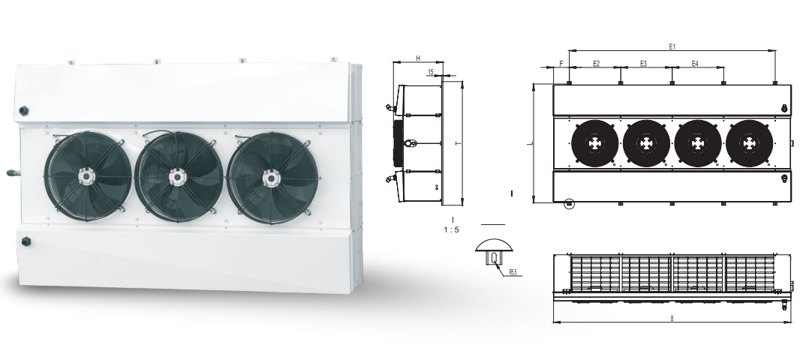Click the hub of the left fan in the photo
tap(86, 177)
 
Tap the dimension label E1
tap(672, 46)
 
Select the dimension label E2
tap(596, 64)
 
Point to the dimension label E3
tap(644, 64)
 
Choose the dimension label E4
tap(695, 64)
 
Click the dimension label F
tap(561, 64)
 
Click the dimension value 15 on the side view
tap(430, 73)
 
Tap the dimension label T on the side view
tap(456, 142)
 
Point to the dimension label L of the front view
tap(529, 142)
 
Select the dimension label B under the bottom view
tap(671, 319)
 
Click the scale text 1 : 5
tap(452, 230)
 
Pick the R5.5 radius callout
tap(513, 272)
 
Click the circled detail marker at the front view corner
tap(569, 202)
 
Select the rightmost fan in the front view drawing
tap(749, 142)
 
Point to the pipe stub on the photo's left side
tap(12, 172)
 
